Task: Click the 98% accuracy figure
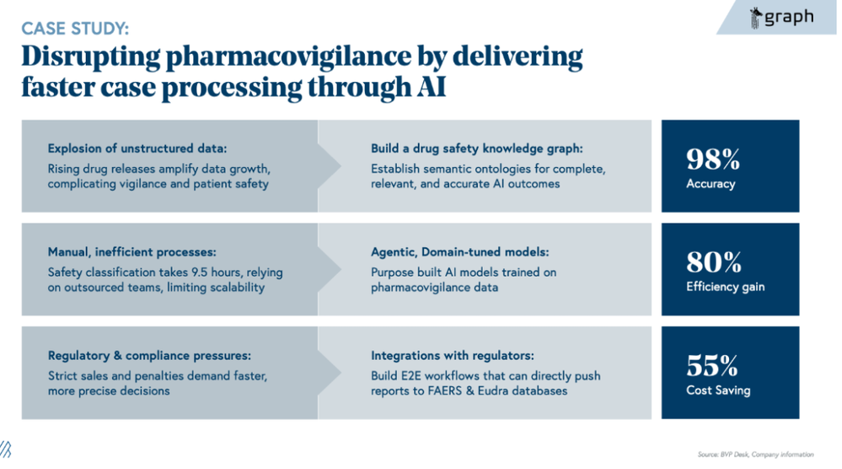point(712,159)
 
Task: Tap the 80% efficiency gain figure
point(713,263)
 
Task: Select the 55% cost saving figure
point(712,366)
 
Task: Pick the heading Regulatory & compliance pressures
point(149,355)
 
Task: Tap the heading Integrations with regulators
point(453,355)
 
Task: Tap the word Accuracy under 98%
point(711,184)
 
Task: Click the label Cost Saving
point(717,391)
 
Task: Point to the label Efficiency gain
point(726,287)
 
